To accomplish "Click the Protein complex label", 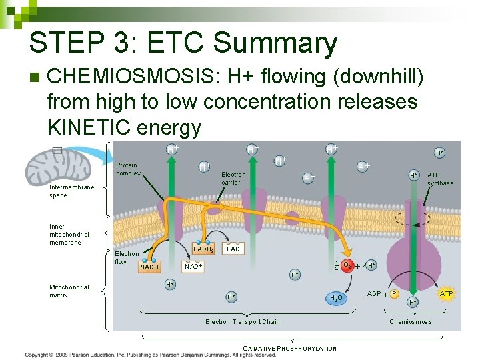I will click(x=127, y=169).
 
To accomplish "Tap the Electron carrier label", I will click(x=233, y=179).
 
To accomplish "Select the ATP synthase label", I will click(x=440, y=179).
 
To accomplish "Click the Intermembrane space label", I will click(x=72, y=191).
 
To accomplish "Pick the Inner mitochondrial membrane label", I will click(x=69, y=234).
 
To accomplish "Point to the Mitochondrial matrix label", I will click(x=69, y=291).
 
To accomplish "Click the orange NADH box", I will click(x=149, y=267).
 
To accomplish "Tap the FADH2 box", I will click(x=203, y=249).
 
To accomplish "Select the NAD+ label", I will click(x=193, y=266).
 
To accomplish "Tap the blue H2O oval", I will click(x=336, y=298).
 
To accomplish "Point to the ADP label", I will click(x=374, y=293).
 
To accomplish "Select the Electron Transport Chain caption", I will click(x=242, y=322).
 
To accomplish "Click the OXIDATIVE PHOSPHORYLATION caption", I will click(x=289, y=348).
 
